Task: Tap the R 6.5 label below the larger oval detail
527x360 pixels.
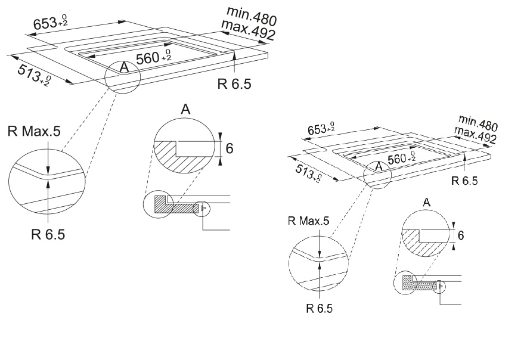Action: click(x=48, y=233)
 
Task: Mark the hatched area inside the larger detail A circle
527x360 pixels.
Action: click(x=179, y=156)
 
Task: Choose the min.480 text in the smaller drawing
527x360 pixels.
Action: click(x=479, y=123)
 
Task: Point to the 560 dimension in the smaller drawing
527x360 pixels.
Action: click(x=400, y=159)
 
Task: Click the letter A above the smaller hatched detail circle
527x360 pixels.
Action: click(x=427, y=204)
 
